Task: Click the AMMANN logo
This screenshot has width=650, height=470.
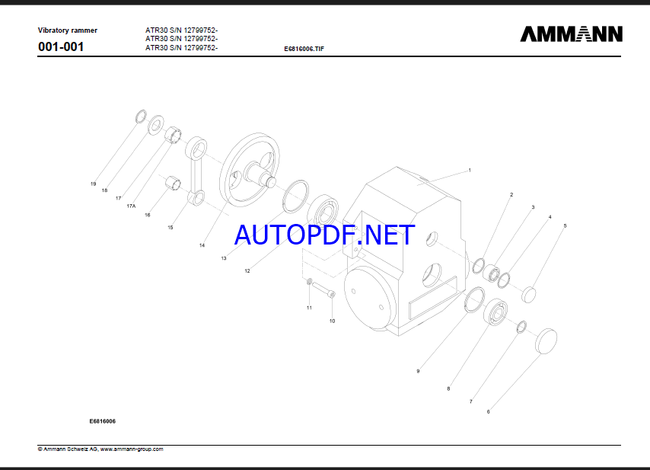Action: pos(572,34)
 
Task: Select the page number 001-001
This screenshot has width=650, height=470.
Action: pos(61,46)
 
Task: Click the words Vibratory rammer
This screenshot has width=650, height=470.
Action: pos(68,30)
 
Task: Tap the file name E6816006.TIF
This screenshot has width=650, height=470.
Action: pos(304,49)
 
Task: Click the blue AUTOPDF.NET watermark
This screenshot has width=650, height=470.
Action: pos(324,235)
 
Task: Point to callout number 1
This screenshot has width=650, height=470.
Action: pos(470,170)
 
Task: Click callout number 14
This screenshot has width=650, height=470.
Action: pos(202,245)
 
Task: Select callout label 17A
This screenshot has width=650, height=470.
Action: pos(131,206)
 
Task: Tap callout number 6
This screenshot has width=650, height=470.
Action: pos(489,411)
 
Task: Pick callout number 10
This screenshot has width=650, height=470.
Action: pos(332,321)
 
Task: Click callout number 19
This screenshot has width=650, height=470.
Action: pos(94,184)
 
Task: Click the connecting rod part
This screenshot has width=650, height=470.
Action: pos(196,171)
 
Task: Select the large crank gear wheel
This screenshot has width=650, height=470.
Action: pos(250,170)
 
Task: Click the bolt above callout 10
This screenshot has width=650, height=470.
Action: pos(323,289)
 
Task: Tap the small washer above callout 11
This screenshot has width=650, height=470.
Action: pos(309,282)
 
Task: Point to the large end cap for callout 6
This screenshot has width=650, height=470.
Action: pos(546,341)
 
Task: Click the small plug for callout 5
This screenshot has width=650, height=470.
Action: pos(528,295)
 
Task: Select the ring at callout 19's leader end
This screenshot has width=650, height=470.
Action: pos(142,117)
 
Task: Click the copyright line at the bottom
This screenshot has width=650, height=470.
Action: pos(100,449)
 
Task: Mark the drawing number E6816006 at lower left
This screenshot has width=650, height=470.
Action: pos(103,421)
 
